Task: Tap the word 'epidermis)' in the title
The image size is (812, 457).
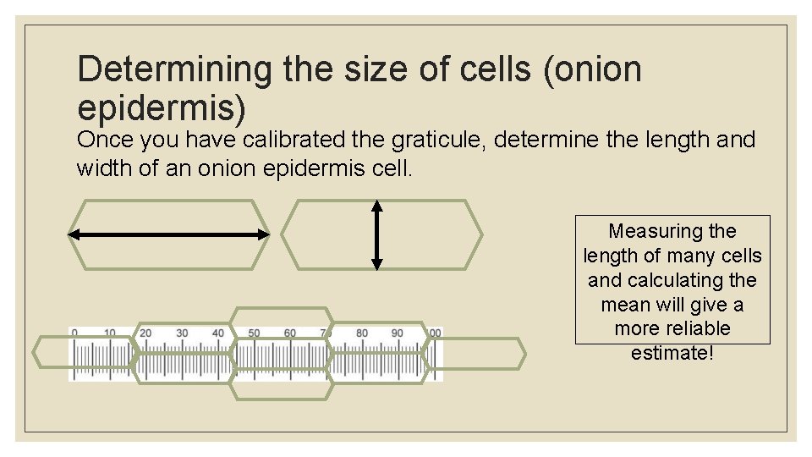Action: click(162, 107)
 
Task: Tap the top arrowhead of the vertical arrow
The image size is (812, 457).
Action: click(377, 206)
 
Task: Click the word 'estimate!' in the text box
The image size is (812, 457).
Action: click(672, 352)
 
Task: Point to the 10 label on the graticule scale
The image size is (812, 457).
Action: click(110, 333)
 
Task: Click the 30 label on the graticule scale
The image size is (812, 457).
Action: click(182, 333)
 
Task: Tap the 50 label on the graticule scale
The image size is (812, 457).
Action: click(254, 333)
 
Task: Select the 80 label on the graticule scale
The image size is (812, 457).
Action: click(362, 333)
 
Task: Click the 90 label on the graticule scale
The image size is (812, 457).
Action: click(398, 333)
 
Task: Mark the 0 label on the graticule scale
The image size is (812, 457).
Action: click(74, 333)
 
